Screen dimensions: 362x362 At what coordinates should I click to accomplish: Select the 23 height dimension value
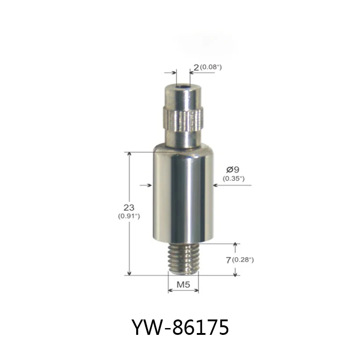[129, 207]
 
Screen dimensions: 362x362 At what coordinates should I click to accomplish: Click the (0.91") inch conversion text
[129, 216]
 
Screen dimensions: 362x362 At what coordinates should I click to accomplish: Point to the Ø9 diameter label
[232, 170]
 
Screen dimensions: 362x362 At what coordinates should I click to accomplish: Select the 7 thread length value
[228, 260]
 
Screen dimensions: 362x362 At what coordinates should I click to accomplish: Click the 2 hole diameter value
[195, 67]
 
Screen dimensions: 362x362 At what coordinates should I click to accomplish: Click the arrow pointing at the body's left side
[145, 185]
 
